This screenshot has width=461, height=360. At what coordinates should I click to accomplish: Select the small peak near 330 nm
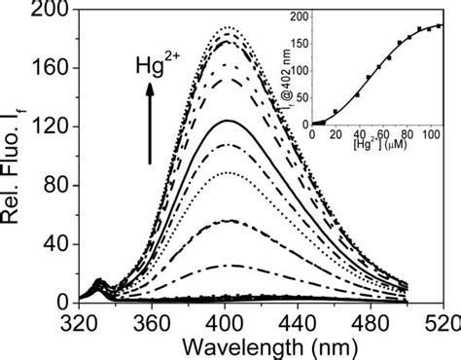click(98, 283)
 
